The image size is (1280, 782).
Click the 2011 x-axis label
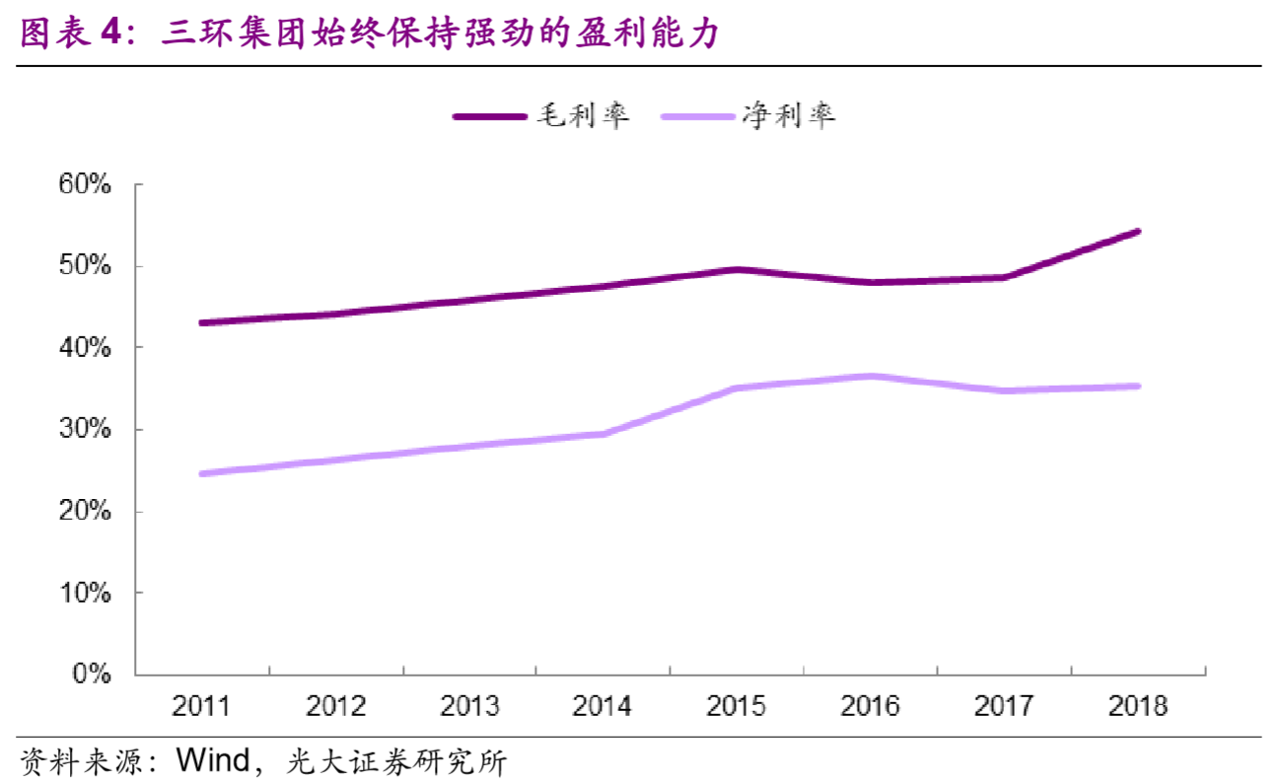(201, 706)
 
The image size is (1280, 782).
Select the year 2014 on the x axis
(603, 706)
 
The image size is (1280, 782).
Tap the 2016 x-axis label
(870, 706)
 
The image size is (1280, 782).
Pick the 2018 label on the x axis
(1137, 706)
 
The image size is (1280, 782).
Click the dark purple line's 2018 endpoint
(1137, 232)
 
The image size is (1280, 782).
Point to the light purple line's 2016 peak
(870, 376)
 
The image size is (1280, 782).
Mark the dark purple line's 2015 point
(737, 269)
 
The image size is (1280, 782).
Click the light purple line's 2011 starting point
(201, 473)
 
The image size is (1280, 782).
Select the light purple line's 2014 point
(603, 434)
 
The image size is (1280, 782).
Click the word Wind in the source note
(213, 760)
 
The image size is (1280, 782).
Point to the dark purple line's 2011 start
(201, 322)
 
